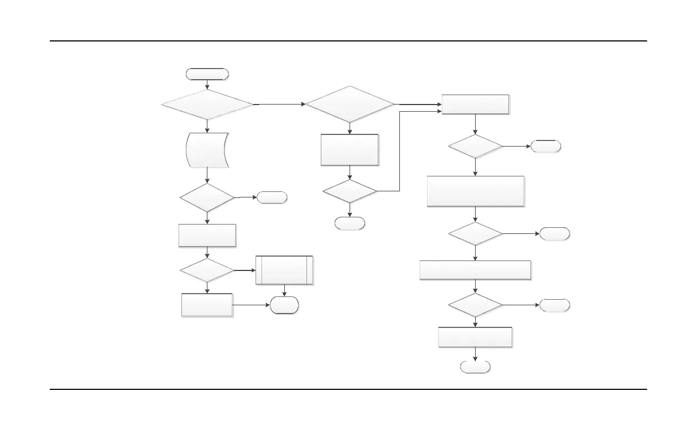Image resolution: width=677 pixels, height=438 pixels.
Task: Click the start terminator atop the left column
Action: [207, 75]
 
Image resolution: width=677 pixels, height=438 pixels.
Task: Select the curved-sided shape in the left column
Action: [207, 150]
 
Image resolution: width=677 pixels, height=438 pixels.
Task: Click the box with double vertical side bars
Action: [284, 270]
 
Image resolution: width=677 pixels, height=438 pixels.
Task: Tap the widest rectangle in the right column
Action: [476, 270]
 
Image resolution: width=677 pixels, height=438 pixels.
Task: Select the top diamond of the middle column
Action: [350, 104]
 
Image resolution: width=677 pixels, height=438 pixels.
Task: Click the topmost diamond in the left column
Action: [207, 104]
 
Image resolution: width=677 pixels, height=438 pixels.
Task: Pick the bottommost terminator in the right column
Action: [476, 367]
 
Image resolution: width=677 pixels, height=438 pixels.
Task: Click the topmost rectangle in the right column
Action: [476, 105]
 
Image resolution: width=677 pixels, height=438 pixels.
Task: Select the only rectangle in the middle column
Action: [350, 150]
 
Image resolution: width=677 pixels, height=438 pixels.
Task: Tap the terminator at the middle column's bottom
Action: [350, 223]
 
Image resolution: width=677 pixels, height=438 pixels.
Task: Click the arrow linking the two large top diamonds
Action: [279, 104]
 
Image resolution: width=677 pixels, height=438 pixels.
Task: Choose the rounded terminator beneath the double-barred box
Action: [284, 305]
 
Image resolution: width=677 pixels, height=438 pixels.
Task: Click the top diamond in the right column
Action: [476, 147]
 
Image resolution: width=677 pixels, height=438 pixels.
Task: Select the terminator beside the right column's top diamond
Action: [545, 147]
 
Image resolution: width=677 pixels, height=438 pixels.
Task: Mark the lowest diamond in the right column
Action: [476, 305]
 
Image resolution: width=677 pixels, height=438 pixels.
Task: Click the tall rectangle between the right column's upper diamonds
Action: [476, 191]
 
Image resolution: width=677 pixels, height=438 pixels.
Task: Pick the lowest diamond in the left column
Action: [207, 271]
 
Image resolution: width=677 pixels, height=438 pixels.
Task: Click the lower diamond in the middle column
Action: [350, 191]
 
